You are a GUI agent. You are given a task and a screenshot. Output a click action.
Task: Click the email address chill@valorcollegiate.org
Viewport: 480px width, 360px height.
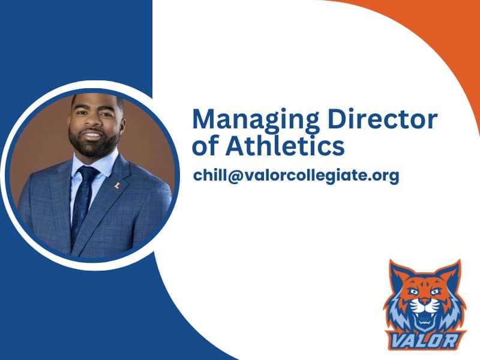[296, 176]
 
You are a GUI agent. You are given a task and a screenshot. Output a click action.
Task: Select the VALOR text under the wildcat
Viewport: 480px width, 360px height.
[424, 340]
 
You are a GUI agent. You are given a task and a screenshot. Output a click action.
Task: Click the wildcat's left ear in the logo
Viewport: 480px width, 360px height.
[398, 274]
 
